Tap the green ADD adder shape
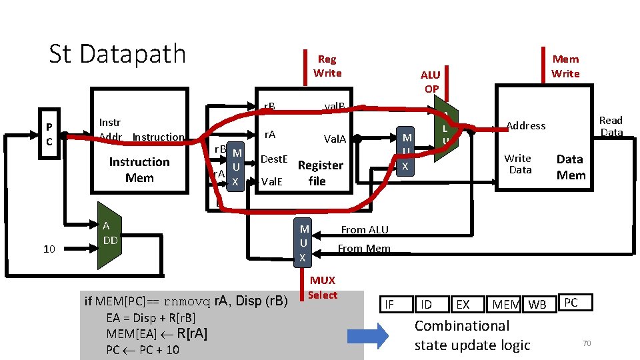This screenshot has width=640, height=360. [x=107, y=235]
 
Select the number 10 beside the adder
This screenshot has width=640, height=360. [x=49, y=249]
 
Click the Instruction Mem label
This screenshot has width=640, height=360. [x=139, y=170]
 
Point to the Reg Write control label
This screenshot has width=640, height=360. [x=327, y=66]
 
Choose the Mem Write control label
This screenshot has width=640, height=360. [x=565, y=66]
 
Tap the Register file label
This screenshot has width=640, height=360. [x=320, y=173]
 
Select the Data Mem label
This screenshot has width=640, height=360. [x=570, y=167]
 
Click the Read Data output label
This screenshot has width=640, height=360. [x=611, y=126]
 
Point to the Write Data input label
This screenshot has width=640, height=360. [x=518, y=164]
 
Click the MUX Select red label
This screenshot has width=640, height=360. [x=323, y=287]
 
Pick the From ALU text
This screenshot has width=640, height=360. [x=365, y=230]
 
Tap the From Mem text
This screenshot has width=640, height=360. [x=364, y=249]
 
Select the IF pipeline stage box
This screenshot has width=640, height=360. [x=390, y=305]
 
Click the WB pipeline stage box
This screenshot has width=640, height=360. [x=537, y=305]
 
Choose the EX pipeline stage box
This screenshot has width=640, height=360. [x=463, y=305]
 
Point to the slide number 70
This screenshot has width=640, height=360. [x=587, y=343]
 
